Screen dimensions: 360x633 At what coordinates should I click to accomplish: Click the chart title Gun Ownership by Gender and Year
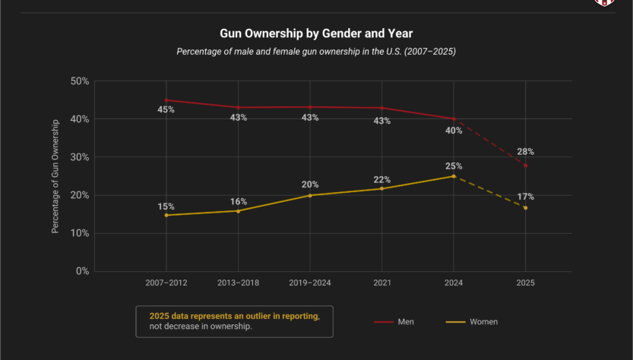pyautogui.click(x=315, y=34)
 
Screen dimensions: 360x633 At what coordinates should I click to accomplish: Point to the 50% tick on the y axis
pyautogui.click(x=79, y=81)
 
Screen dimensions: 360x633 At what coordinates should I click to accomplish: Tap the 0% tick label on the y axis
pyautogui.click(x=82, y=271)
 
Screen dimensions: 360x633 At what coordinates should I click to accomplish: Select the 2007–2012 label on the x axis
pyautogui.click(x=166, y=283)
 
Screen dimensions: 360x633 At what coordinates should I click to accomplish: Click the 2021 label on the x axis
pyautogui.click(x=381, y=283)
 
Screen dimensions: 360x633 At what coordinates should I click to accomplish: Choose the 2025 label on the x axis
pyautogui.click(x=525, y=283)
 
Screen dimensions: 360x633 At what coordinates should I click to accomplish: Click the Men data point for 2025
pyautogui.click(x=525, y=165)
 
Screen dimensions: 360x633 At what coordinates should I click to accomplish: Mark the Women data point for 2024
pyautogui.click(x=454, y=176)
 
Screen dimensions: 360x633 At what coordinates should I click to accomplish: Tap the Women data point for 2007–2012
pyautogui.click(x=166, y=215)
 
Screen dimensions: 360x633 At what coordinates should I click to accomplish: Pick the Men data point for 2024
pyautogui.click(x=454, y=118)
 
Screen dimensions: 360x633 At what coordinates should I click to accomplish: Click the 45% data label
pyautogui.click(x=166, y=109)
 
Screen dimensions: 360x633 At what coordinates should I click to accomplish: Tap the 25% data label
pyautogui.click(x=454, y=166)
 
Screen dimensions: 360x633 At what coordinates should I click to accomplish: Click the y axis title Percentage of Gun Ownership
pyautogui.click(x=55, y=175)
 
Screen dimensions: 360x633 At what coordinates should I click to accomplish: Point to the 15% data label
pyautogui.click(x=166, y=206)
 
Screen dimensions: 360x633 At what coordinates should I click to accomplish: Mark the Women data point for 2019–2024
pyautogui.click(x=309, y=195)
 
